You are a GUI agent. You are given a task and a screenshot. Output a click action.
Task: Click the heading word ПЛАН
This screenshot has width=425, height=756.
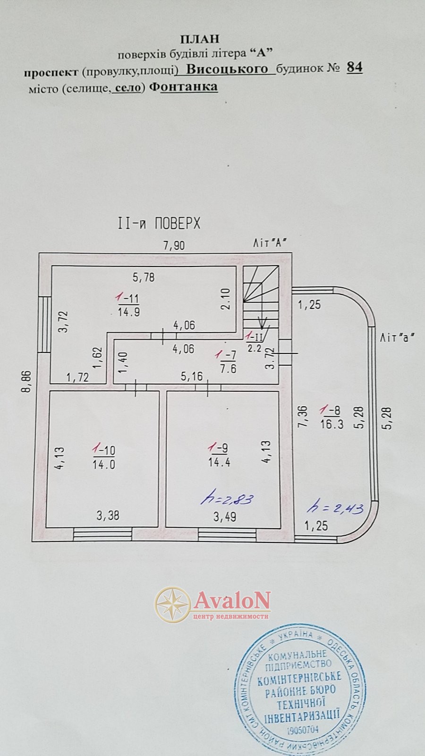(x=199, y=39)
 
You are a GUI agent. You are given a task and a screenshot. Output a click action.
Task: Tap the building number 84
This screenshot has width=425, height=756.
(x=355, y=68)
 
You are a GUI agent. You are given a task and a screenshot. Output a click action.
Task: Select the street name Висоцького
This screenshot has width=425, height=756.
(x=227, y=69)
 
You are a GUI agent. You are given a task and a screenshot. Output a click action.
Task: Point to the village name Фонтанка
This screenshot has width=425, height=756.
(x=183, y=87)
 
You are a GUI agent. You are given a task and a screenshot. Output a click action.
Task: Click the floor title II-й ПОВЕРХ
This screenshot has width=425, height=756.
(x=159, y=223)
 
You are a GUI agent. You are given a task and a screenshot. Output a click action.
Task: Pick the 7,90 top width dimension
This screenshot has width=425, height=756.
(x=174, y=245)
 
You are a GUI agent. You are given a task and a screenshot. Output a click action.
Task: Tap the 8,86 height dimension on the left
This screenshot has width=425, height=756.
(x=27, y=381)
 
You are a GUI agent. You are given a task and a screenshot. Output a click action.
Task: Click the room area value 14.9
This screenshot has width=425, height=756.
(x=129, y=311)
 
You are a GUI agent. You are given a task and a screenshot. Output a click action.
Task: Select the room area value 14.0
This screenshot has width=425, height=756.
(x=104, y=465)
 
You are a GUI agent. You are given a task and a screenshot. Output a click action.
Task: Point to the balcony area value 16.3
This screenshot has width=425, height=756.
(x=332, y=424)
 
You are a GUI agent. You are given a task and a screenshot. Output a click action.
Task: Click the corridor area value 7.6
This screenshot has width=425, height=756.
(x=229, y=369)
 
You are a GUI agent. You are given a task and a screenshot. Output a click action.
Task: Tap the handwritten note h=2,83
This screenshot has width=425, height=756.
(x=227, y=499)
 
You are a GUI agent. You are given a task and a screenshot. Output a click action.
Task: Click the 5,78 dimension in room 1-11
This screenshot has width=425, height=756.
(x=144, y=278)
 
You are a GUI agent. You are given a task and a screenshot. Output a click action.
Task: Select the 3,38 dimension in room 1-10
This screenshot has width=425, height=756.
(x=108, y=515)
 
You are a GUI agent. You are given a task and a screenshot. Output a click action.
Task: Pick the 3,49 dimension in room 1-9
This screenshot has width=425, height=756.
(x=225, y=517)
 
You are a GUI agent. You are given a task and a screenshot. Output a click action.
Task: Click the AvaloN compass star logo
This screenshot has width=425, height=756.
(x=173, y=604)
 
